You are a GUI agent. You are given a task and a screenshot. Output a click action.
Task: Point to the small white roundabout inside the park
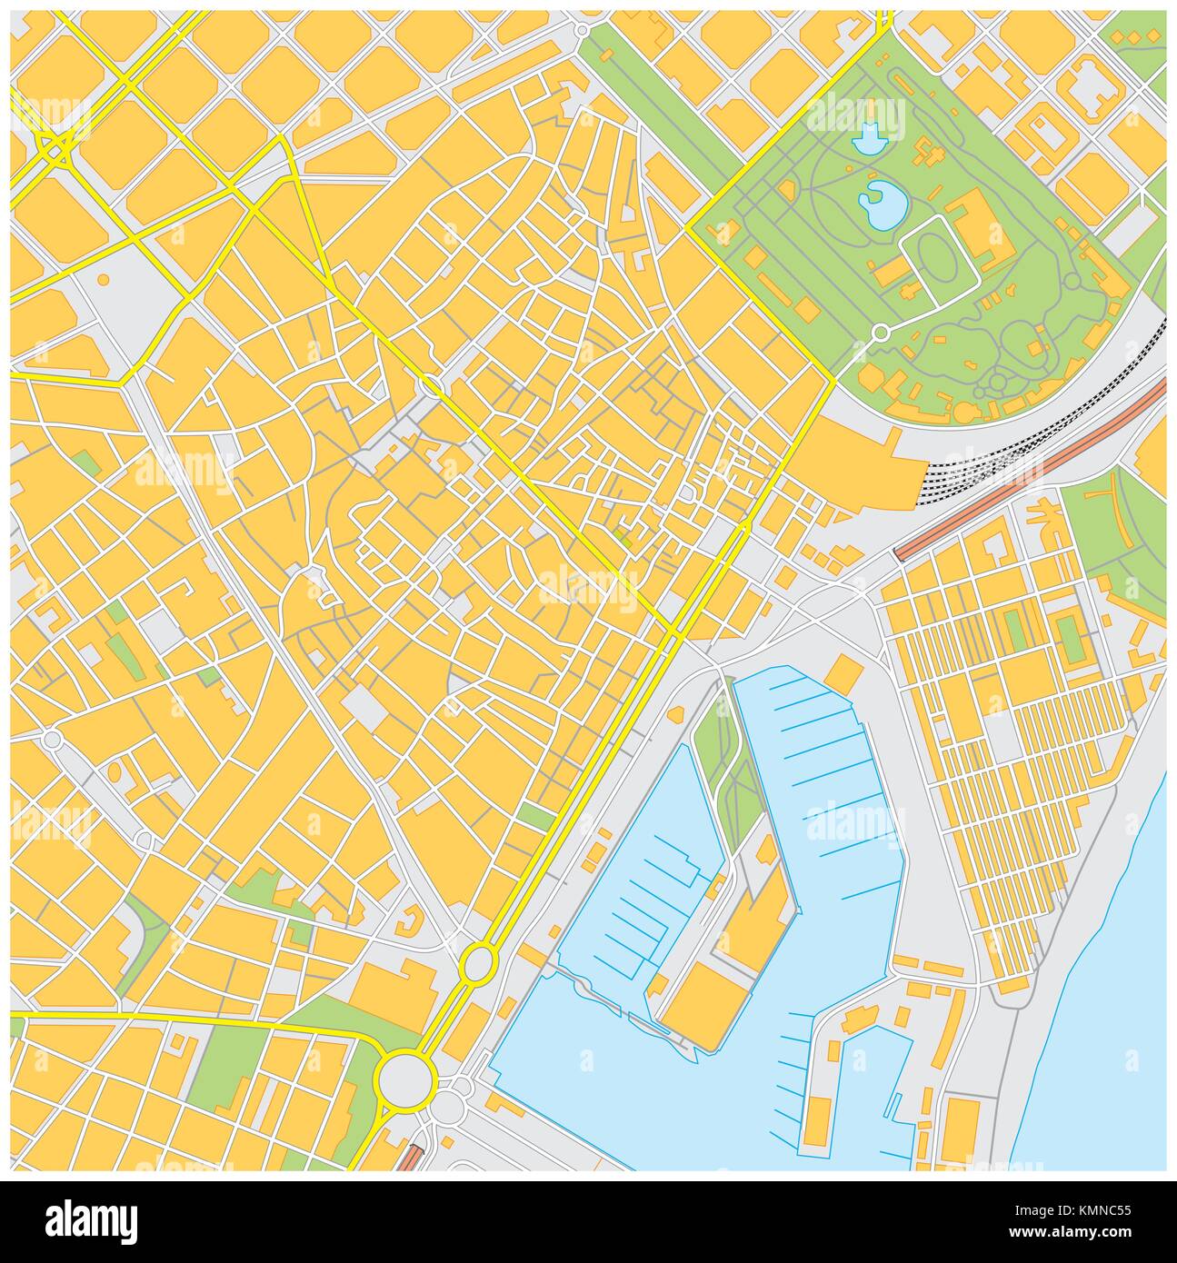880,333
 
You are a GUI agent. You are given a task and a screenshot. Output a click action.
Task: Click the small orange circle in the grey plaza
104,279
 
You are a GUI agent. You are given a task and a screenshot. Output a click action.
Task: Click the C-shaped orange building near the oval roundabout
408,925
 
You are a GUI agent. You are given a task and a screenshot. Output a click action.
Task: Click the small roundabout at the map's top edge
582,30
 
